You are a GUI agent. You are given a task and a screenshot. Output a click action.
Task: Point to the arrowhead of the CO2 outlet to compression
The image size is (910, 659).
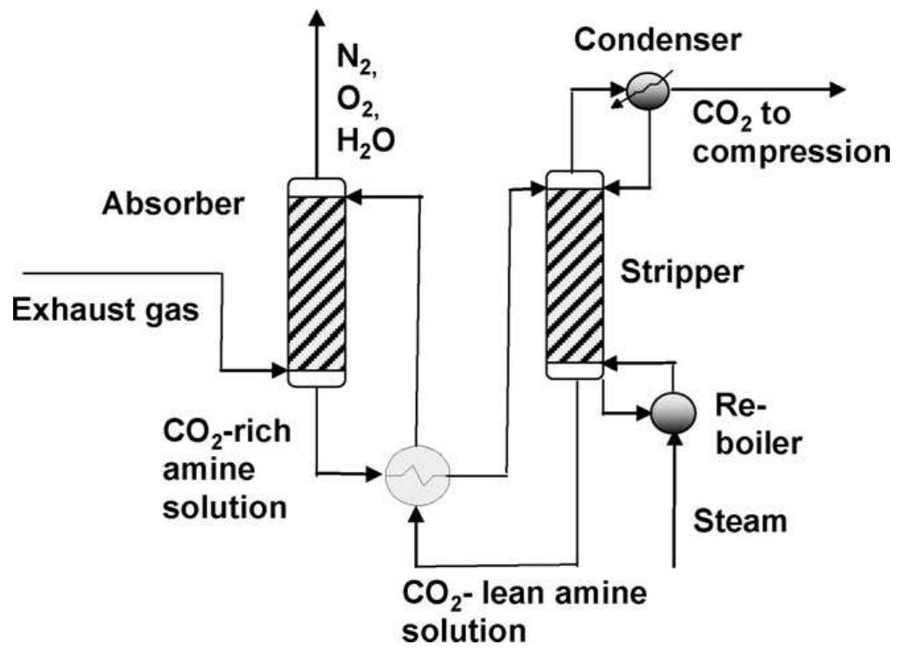click(x=834, y=90)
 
